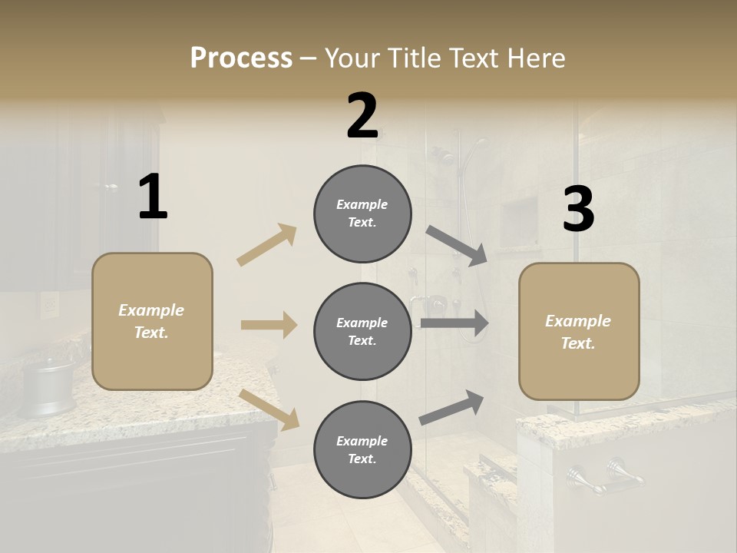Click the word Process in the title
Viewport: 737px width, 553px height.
point(241,58)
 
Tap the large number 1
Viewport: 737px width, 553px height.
point(153,197)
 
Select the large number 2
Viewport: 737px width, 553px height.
point(362,116)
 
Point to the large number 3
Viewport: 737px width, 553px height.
point(578,210)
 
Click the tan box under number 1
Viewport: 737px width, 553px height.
point(152,321)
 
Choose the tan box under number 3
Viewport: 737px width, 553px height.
point(579,331)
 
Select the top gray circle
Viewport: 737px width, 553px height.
point(362,214)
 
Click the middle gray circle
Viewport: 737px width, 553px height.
point(362,331)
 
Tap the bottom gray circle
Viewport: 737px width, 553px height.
point(362,449)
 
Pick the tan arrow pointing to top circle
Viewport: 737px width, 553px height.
point(267,245)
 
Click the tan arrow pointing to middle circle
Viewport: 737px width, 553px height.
point(269,325)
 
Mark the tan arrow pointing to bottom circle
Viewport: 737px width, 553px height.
point(269,409)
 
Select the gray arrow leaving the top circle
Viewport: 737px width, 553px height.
point(456,246)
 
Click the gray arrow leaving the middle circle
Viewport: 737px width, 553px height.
point(454,323)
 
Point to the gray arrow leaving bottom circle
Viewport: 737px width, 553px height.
point(451,407)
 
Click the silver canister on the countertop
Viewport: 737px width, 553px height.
point(48,387)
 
